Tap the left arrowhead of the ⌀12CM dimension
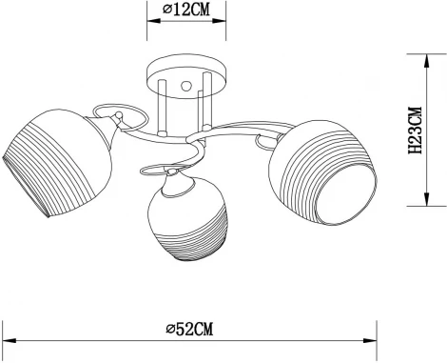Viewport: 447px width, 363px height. [150, 20]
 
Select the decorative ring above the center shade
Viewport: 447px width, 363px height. [153, 170]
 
